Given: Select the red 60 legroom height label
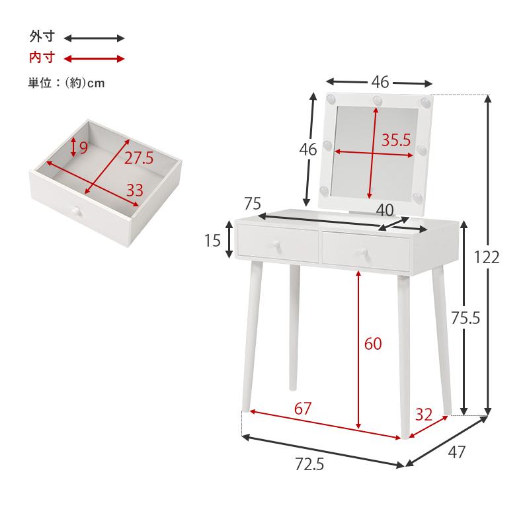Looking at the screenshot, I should tap(373, 344).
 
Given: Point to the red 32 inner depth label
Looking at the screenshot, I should tap(424, 415).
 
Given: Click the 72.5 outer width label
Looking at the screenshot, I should tap(309, 465).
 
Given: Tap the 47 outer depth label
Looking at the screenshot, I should tap(457, 452).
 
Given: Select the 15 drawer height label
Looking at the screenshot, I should tap(212, 240).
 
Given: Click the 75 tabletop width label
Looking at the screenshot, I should tap(253, 202).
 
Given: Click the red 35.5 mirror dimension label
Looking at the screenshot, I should tap(396, 140).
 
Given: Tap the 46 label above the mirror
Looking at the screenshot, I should tap(380, 82).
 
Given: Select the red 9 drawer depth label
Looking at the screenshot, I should tap(83, 147).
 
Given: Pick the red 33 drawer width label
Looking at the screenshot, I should tap(134, 190).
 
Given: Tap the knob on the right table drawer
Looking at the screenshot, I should tap(363, 251).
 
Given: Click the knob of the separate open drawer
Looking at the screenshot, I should tap(77, 212).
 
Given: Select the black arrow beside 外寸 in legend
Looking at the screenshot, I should tap(94, 38).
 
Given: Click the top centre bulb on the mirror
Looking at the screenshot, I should tap(378, 101).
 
